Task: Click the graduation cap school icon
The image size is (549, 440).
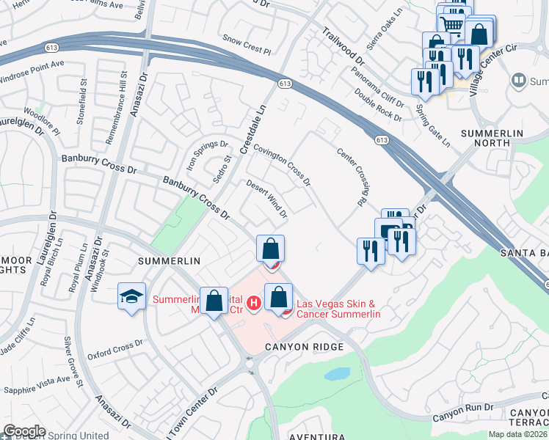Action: click(x=132, y=297)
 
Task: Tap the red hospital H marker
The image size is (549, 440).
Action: click(x=254, y=302)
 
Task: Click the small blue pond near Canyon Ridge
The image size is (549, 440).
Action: click(x=338, y=374)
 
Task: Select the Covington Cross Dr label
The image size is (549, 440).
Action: click(x=282, y=164)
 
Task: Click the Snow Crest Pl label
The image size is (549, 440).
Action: click(x=247, y=43)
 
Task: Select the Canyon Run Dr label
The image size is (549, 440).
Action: click(x=461, y=416)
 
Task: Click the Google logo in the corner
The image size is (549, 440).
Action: click(x=24, y=431)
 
